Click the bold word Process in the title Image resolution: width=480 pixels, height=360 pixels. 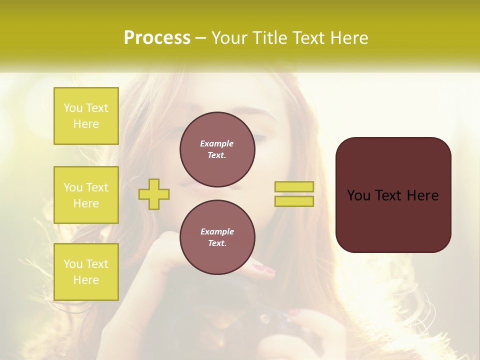[x=157, y=38]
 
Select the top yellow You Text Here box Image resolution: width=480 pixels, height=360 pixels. [x=86, y=116]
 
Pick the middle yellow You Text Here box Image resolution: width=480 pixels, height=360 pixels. [x=86, y=195]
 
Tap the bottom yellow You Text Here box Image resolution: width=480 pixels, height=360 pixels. [x=86, y=272]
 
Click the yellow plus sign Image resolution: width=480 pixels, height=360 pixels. [x=154, y=194]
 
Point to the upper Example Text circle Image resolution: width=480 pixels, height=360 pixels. [x=217, y=149]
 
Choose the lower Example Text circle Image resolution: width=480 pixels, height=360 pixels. [x=217, y=237]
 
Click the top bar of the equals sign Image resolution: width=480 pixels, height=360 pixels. [x=294, y=187]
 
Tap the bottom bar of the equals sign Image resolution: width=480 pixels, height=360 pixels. [x=294, y=201]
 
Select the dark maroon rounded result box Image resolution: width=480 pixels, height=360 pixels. [x=393, y=220]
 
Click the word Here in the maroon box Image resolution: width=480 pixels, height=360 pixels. [x=422, y=195]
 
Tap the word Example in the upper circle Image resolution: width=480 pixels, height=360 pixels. [x=217, y=143]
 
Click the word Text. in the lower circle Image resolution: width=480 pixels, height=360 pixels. [x=217, y=243]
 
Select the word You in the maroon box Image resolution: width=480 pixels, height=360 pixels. [x=358, y=195]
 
